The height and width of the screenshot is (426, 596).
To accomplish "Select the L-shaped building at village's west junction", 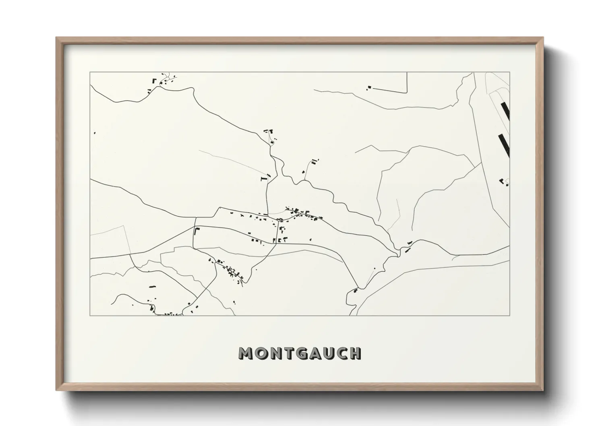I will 197,231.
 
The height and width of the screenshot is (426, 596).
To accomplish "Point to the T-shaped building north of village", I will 264,178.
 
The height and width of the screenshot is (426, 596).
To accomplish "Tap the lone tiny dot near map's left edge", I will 95,133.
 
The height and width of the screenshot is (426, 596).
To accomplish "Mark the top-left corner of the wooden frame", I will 56,37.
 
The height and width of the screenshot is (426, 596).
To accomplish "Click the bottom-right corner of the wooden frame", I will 543,390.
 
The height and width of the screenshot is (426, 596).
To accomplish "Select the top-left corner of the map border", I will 90,72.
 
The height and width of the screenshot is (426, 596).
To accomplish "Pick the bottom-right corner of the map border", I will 510,315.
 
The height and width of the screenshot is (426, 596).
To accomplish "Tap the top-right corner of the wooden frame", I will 543,37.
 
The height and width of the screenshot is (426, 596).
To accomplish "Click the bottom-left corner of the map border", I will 90,315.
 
